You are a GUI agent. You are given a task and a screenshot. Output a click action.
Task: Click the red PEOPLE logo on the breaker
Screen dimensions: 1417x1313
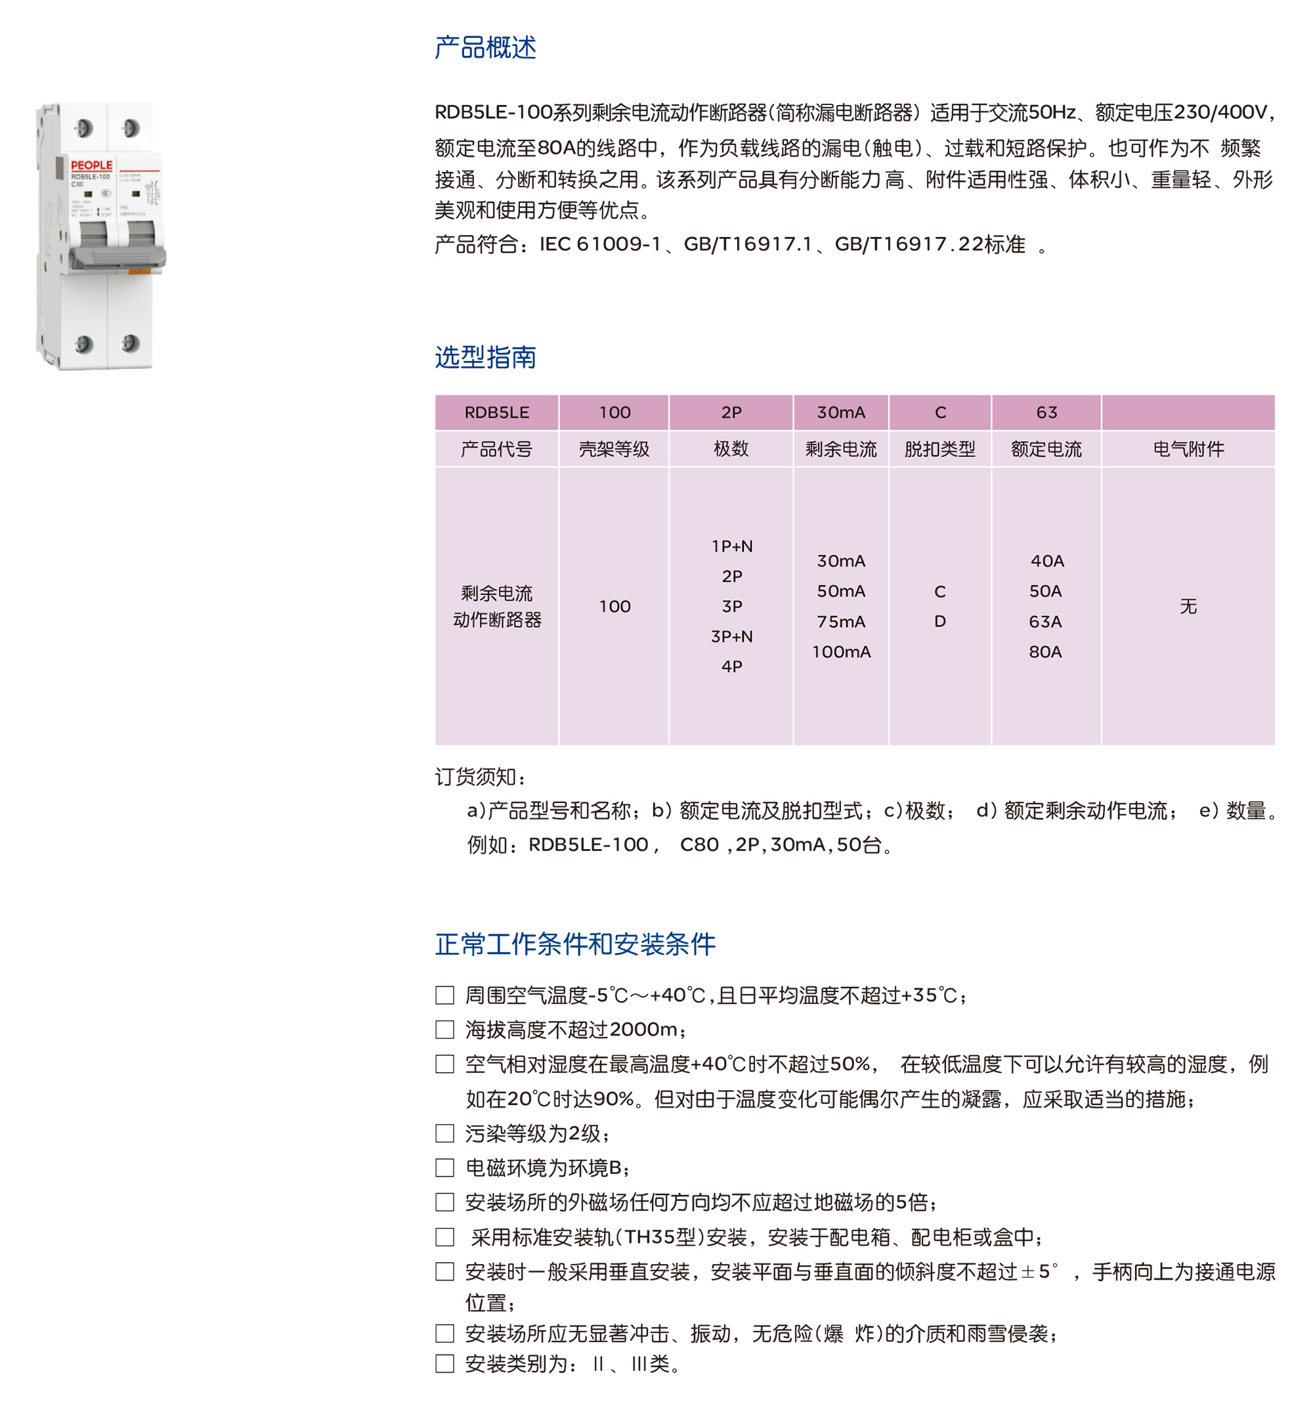pyautogui.click(x=91, y=165)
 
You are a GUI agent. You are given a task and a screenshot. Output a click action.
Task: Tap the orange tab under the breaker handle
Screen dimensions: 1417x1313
pyautogui.click(x=139, y=271)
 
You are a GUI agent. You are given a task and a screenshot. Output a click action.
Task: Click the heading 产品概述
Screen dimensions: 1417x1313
pyautogui.click(x=485, y=48)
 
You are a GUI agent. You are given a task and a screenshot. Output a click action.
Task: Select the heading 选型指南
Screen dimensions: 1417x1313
pyautogui.click(x=485, y=357)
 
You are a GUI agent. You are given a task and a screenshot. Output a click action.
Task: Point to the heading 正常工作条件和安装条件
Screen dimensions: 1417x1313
pyautogui.click(x=575, y=944)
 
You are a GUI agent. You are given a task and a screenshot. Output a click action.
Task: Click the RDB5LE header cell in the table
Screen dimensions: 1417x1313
pyautogui.click(x=496, y=412)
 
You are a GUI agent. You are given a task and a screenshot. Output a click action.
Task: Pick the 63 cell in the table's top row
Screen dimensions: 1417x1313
pyautogui.click(x=1046, y=412)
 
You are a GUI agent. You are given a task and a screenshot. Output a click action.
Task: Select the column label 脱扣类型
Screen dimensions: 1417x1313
pyautogui.click(x=939, y=449)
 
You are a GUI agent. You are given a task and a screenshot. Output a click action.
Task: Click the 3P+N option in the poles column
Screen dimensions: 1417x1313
pyautogui.click(x=731, y=636)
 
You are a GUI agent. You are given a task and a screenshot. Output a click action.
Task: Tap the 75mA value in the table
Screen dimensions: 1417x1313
pyautogui.click(x=840, y=622)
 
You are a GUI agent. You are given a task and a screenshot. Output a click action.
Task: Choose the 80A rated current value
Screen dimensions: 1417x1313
pyautogui.click(x=1045, y=651)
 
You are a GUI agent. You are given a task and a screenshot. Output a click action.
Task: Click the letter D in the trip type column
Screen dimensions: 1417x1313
pyautogui.click(x=939, y=621)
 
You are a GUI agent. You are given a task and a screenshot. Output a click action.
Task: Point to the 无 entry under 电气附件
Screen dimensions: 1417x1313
pyautogui.click(x=1188, y=606)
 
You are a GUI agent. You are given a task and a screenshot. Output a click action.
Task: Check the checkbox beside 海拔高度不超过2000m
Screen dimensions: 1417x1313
pyautogui.click(x=444, y=1029)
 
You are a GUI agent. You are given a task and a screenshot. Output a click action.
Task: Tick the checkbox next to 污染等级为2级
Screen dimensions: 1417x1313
pyautogui.click(x=444, y=1133)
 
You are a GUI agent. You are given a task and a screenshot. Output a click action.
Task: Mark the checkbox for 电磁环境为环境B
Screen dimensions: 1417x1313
pyautogui.click(x=444, y=1167)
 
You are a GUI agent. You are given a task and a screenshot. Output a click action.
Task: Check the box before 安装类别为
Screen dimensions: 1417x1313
pyautogui.click(x=444, y=1363)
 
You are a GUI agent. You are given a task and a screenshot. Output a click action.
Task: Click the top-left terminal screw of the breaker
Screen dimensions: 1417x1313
pyautogui.click(x=84, y=128)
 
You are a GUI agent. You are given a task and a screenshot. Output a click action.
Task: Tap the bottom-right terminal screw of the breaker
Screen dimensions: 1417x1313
pyautogui.click(x=130, y=343)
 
